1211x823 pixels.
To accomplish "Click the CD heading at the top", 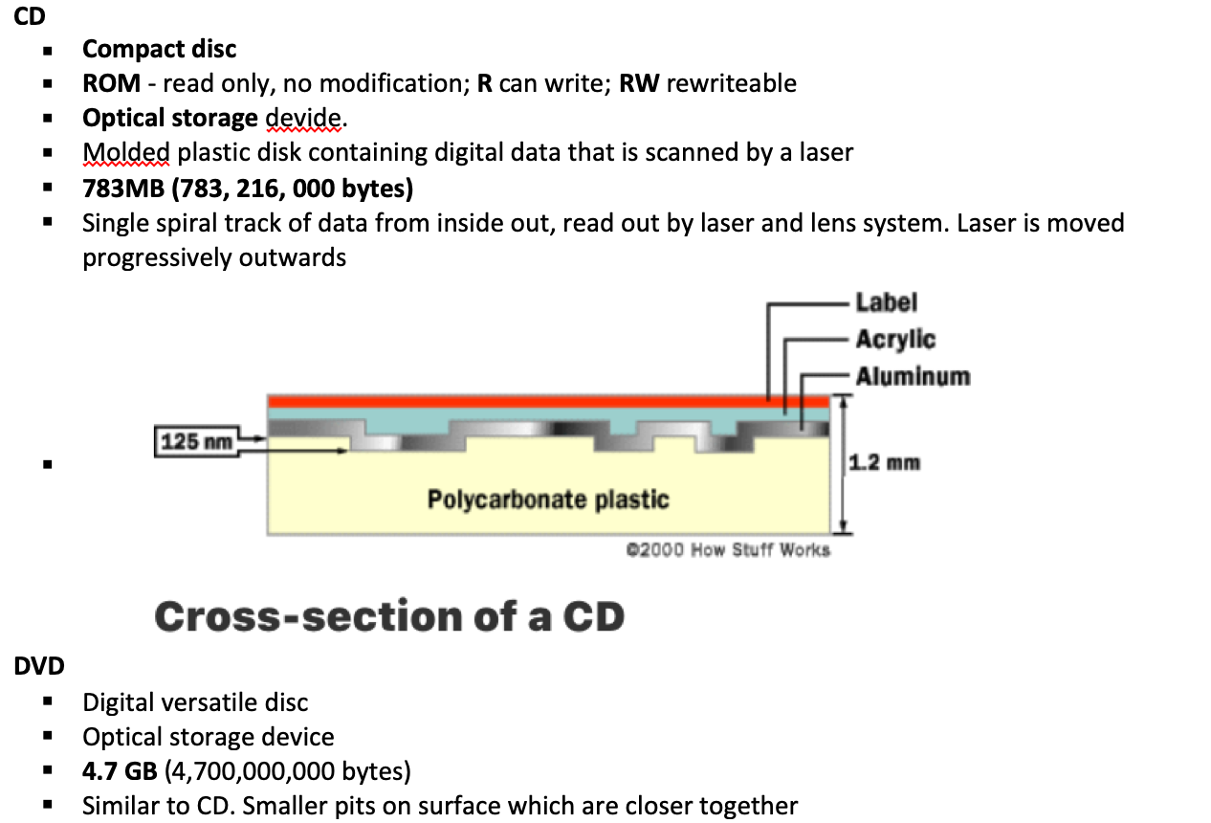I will [x=29, y=16].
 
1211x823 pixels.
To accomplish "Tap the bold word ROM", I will [x=111, y=83].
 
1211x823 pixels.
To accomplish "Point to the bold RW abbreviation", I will [x=639, y=83].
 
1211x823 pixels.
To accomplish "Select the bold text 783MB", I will [x=122, y=189].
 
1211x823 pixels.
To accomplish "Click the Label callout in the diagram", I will [x=886, y=302].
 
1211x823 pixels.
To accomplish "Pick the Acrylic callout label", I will [x=895, y=340].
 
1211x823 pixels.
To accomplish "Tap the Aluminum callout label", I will [x=913, y=376].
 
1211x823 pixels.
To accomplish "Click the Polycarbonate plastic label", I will [x=547, y=500].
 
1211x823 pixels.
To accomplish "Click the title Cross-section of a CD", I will [x=389, y=616].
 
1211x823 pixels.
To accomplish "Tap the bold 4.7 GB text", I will [x=120, y=771].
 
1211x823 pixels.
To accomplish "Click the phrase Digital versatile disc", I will [x=195, y=702].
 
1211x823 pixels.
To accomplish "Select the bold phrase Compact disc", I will [x=159, y=49].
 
